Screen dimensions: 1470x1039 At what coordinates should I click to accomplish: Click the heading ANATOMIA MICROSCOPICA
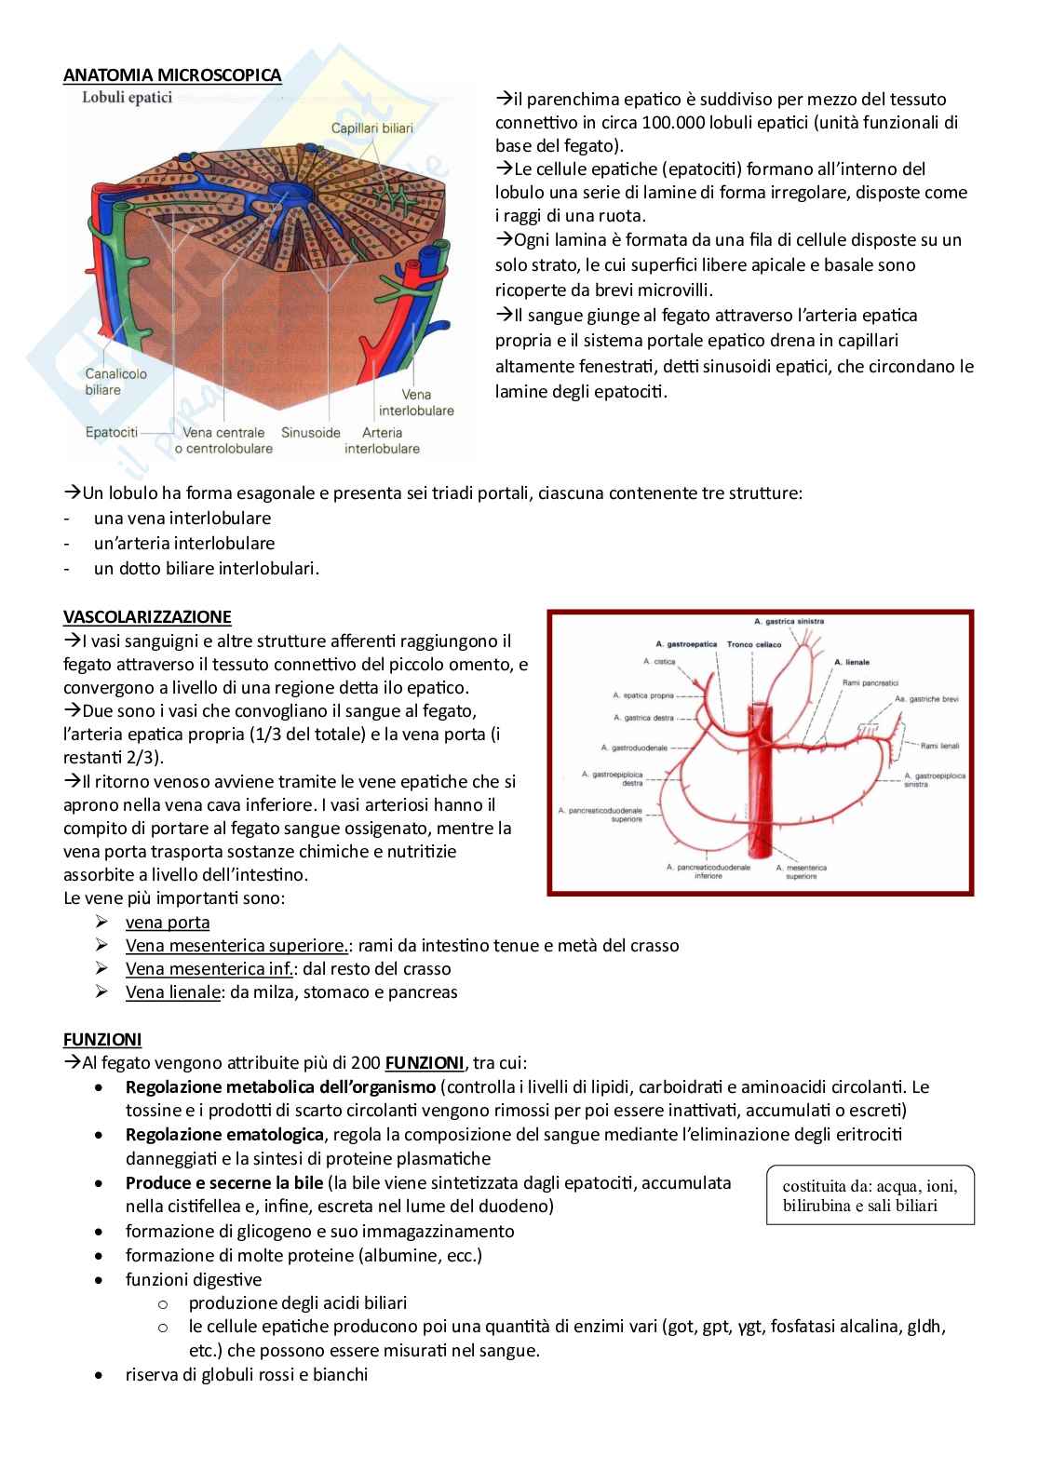pyautogui.click(x=172, y=75)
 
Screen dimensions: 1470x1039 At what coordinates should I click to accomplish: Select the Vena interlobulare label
pyautogui.click(x=416, y=402)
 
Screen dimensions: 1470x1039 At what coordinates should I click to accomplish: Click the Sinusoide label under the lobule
pyautogui.click(x=311, y=433)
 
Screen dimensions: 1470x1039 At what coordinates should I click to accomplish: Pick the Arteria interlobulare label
pyautogui.click(x=382, y=440)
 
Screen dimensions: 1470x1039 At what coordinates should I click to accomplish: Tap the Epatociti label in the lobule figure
pyautogui.click(x=111, y=433)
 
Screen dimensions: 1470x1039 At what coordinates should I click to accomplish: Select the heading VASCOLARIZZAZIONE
pyautogui.click(x=147, y=616)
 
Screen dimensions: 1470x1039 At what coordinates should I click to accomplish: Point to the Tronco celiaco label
pyautogui.click(x=754, y=643)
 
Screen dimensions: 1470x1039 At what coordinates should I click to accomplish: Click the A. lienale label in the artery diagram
pyautogui.click(x=851, y=662)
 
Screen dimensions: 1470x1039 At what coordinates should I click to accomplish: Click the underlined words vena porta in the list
pyautogui.click(x=168, y=923)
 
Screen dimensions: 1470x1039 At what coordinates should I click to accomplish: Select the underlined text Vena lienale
pyautogui.click(x=173, y=991)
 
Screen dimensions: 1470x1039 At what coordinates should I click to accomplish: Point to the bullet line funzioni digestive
pyautogui.click(x=194, y=1279)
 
